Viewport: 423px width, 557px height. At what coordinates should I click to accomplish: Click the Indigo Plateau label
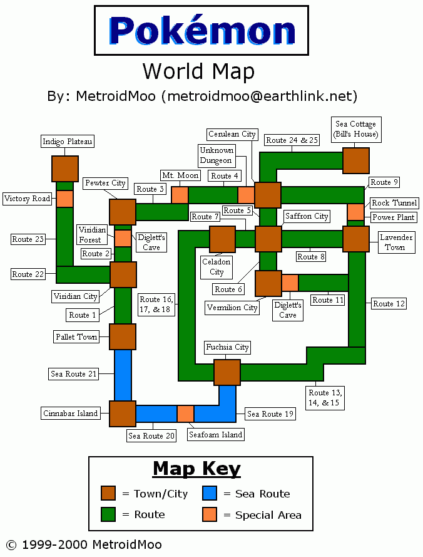tap(68, 142)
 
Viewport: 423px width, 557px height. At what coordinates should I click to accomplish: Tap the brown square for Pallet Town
tap(123, 336)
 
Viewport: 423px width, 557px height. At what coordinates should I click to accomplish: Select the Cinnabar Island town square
tap(123, 414)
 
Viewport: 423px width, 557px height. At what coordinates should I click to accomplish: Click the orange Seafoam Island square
tap(185, 414)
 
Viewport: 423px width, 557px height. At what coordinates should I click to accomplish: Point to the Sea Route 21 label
tap(73, 373)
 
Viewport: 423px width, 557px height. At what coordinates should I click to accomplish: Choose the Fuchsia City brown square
tap(227, 372)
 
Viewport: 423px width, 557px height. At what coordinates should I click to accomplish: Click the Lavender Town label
tap(396, 242)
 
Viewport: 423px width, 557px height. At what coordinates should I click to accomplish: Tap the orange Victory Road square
tap(64, 199)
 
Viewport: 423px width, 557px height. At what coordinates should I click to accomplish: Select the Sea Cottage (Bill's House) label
tap(356, 129)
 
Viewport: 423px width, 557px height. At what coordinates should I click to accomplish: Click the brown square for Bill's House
tap(356, 161)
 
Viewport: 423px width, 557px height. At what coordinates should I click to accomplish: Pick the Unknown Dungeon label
tap(217, 155)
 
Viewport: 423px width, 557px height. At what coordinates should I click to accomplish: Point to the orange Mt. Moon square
tap(180, 195)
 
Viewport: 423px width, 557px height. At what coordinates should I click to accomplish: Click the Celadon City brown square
tap(223, 239)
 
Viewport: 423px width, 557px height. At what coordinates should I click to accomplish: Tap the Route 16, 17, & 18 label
tap(156, 305)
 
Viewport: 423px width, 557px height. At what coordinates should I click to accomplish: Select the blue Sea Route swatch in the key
tap(210, 493)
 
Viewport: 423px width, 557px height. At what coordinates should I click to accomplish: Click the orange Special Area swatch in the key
tap(210, 514)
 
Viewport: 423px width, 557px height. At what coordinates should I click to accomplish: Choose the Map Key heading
tap(196, 469)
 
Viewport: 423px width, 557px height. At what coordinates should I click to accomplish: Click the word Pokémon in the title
tap(201, 30)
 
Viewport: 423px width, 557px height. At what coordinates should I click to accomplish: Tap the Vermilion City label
tap(232, 308)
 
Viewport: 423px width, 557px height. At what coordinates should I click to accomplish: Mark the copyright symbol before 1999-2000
tap(11, 545)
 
